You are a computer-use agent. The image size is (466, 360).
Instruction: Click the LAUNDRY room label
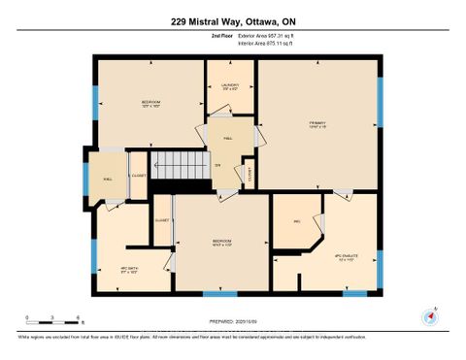(x=230, y=86)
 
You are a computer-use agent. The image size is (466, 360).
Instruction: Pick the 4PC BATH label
(x=129, y=270)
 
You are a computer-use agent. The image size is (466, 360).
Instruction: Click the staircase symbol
(x=183, y=164)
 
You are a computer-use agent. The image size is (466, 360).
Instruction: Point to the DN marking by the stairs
(x=217, y=167)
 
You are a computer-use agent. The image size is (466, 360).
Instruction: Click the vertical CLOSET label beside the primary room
(x=250, y=175)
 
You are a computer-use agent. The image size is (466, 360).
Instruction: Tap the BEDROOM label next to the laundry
(x=150, y=103)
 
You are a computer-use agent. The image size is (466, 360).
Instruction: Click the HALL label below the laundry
(x=227, y=138)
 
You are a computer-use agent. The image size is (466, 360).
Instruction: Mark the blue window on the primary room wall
(x=380, y=103)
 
